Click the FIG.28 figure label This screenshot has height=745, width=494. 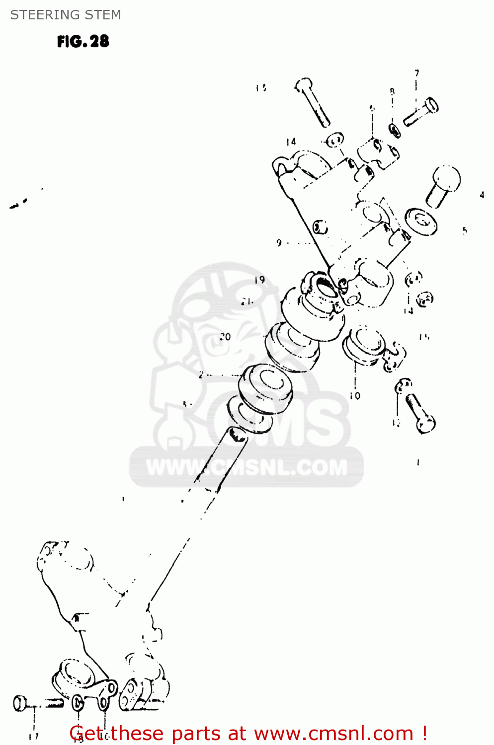83,41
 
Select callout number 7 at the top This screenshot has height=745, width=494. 417,73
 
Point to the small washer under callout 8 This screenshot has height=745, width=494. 395,131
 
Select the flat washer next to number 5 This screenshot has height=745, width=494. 421,221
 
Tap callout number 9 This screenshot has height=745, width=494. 279,243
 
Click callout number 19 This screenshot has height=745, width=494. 259,280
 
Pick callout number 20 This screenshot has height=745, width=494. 225,337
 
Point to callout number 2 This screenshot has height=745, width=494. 201,375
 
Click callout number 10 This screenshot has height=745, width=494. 355,396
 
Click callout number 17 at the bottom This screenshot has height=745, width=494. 33,737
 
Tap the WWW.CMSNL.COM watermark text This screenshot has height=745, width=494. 247,468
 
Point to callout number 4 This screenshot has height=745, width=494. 482,195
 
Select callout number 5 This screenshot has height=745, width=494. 464,230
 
